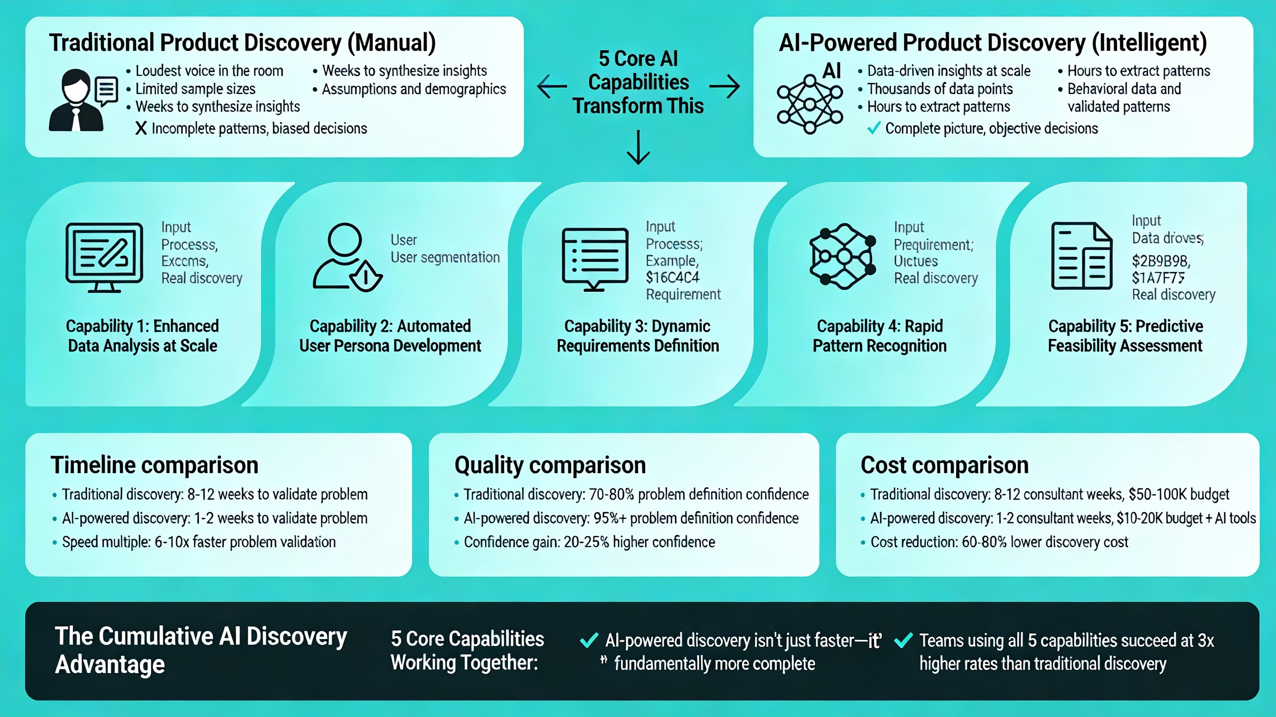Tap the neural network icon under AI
point(810,104)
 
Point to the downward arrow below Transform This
point(638,148)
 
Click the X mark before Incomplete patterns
point(141,128)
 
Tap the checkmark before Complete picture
point(874,128)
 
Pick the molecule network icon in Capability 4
point(842,256)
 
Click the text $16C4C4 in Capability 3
point(672,277)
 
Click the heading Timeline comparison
point(155,465)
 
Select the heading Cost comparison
point(944,465)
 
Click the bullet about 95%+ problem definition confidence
point(630,518)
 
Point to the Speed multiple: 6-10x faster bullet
point(198,542)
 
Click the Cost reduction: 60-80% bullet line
point(999,542)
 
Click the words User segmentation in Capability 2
point(445,257)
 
